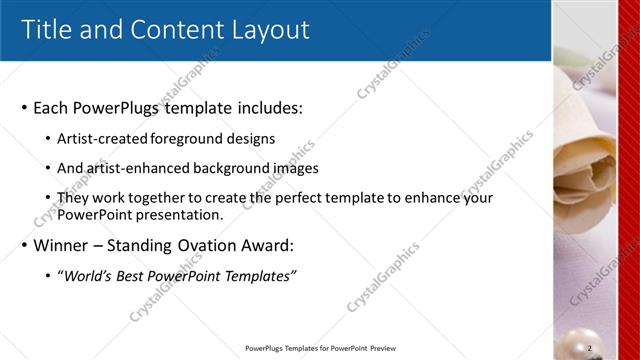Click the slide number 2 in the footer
pyautogui.click(x=590, y=348)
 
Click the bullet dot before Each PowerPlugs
pyautogui.click(x=24, y=108)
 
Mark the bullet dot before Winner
pyautogui.click(x=24, y=246)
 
